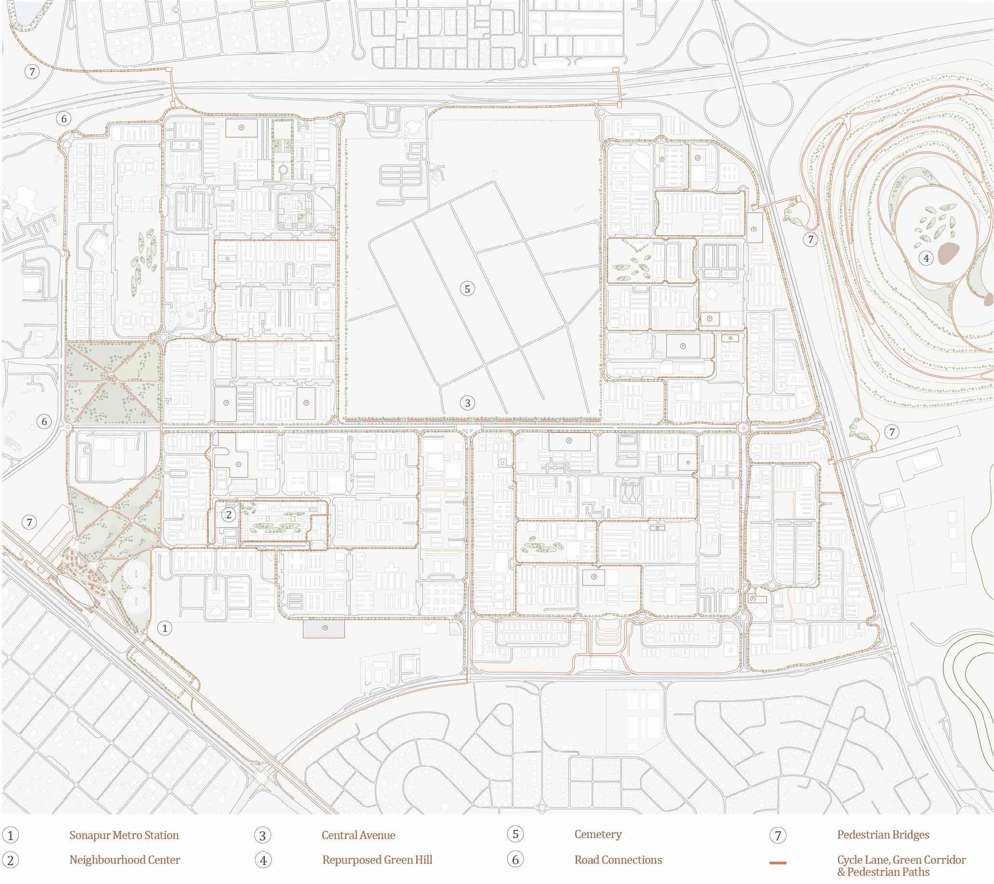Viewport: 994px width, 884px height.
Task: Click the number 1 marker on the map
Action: point(165,628)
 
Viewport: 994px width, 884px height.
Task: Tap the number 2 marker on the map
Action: point(229,514)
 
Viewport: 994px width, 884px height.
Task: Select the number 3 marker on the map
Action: point(468,403)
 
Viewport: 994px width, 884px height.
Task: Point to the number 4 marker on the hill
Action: point(926,258)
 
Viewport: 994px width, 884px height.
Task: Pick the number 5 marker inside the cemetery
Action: point(468,289)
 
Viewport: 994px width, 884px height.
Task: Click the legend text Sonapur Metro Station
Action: point(124,835)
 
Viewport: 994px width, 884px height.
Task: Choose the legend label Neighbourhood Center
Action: point(125,860)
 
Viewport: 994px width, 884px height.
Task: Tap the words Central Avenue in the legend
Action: point(359,835)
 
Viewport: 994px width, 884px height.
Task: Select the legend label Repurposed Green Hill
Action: point(377,860)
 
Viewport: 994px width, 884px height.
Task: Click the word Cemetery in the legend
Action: point(598,834)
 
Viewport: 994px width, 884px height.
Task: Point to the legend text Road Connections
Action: point(618,860)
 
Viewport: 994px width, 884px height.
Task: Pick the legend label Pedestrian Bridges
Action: point(883,834)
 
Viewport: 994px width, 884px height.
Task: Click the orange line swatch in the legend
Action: point(778,863)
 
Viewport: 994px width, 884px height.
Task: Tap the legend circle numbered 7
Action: point(778,835)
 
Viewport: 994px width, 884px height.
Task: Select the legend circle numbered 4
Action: point(263,860)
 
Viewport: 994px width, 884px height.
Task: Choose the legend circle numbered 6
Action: point(515,860)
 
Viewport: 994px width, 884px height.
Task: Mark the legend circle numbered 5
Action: point(515,834)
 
